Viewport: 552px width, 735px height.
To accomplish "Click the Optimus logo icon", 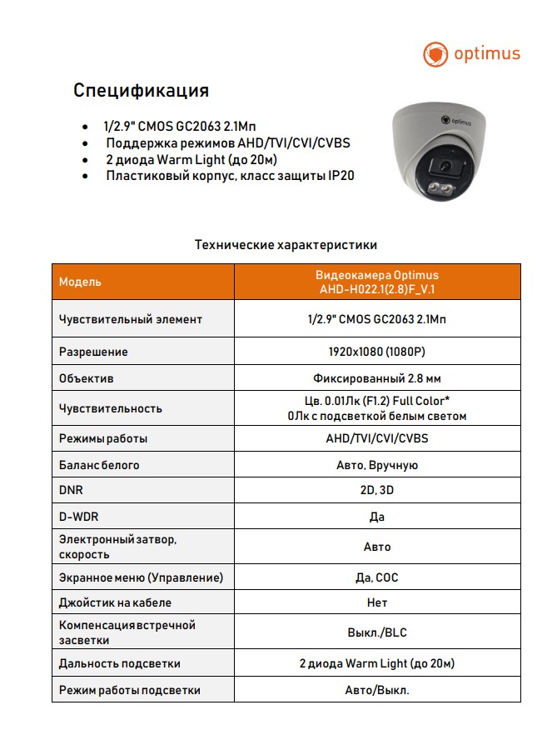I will [x=435, y=55].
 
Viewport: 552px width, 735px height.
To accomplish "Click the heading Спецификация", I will [x=141, y=90].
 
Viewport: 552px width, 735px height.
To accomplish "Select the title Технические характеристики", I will [x=286, y=245].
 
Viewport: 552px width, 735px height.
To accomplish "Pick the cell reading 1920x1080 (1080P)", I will [x=377, y=352].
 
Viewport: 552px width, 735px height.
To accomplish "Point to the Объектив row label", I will [x=87, y=378].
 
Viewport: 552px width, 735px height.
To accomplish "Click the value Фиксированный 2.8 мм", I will [x=377, y=378].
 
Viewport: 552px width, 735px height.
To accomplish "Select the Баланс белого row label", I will [x=99, y=465].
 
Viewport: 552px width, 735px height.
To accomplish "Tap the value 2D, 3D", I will [x=377, y=491].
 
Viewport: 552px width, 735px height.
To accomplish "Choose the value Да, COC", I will [x=377, y=577].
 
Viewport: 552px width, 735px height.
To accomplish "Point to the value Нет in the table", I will [x=377, y=602].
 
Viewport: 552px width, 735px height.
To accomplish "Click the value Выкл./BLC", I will [x=377, y=632].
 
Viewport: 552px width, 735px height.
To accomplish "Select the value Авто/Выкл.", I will [x=377, y=691].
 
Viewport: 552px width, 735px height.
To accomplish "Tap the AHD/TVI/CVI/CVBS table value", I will [x=377, y=438].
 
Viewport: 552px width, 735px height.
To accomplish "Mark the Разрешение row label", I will [x=93, y=352].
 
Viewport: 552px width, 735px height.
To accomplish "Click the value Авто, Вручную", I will [x=377, y=465].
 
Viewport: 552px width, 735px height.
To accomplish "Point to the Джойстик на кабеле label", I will [x=116, y=602].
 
